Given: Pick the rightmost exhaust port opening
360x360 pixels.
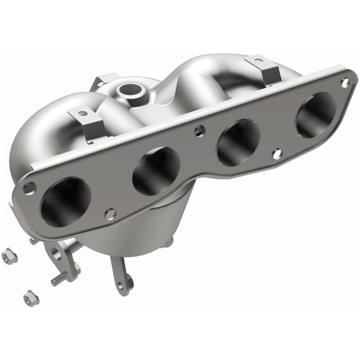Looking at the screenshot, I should [315, 114].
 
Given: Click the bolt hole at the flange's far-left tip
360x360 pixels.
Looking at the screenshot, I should [28, 186].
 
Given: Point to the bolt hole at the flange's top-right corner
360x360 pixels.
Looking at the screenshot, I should [344, 82].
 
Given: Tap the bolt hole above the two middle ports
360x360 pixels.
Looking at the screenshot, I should [197, 131].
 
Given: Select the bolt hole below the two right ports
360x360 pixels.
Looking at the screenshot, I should [277, 154].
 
